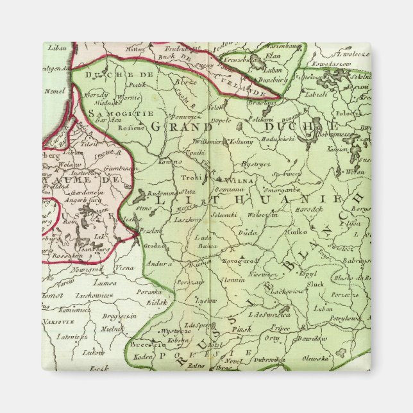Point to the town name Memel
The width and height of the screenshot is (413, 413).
tap(54, 91)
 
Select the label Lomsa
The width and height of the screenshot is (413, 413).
tap(104, 282)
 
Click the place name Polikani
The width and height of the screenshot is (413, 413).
tap(260, 119)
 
